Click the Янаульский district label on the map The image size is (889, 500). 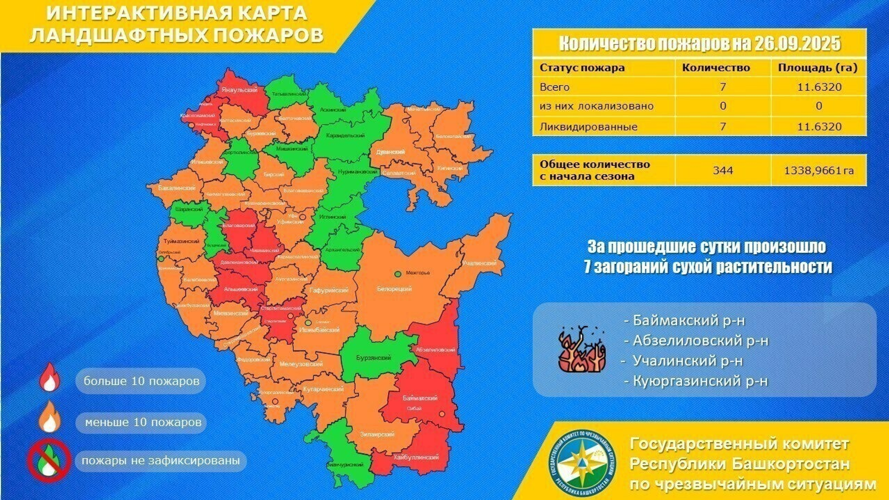(x=239, y=90)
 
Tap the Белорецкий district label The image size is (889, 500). (x=394, y=289)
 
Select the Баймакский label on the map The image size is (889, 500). (x=419, y=398)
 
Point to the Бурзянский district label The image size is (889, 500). (x=373, y=358)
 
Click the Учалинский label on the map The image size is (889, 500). (x=479, y=263)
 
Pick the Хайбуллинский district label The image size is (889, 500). (x=416, y=457)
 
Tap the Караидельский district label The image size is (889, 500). (x=346, y=136)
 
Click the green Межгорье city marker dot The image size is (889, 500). (x=398, y=274)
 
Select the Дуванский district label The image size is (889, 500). (x=391, y=152)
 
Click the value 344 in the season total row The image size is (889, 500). (x=722, y=170)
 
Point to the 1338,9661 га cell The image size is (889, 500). (x=818, y=171)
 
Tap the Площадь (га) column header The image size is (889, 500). (x=817, y=68)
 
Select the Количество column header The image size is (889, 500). (x=716, y=68)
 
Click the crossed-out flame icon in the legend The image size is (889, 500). (x=49, y=461)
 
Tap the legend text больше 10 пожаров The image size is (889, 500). (x=141, y=382)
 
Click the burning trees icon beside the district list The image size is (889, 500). (x=581, y=350)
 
